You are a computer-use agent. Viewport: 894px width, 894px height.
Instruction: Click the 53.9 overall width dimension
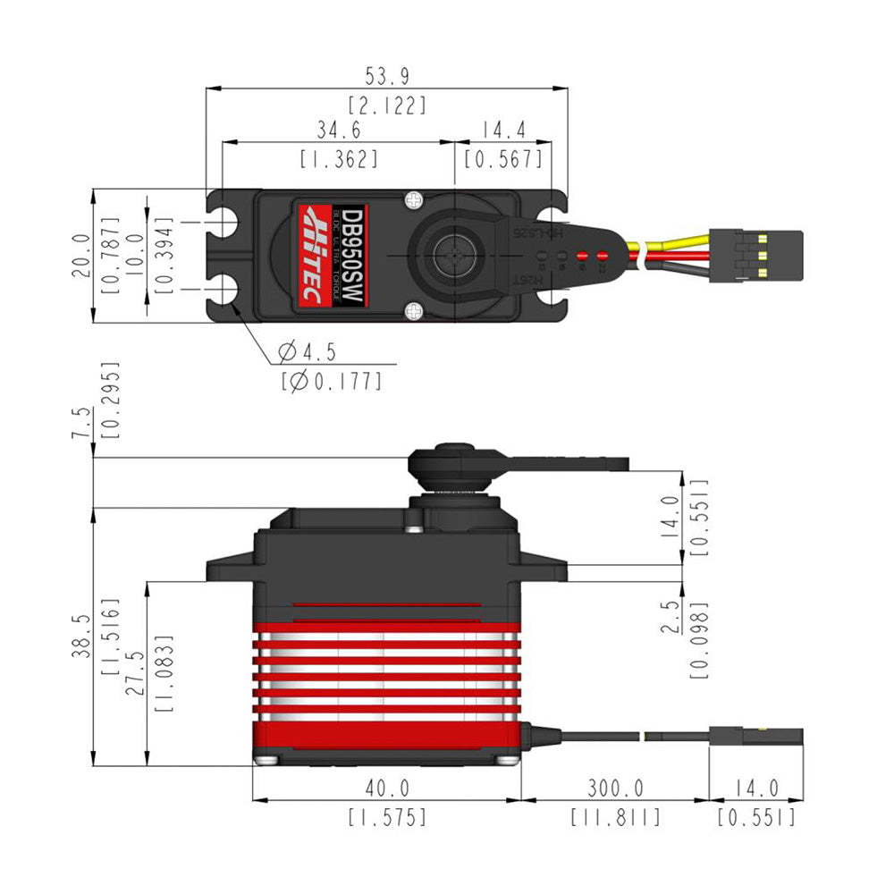point(388,77)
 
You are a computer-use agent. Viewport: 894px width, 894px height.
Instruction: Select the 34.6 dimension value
point(339,131)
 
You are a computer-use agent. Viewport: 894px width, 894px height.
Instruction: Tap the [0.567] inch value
point(503,159)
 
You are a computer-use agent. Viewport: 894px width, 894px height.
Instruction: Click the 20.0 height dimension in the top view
point(81,255)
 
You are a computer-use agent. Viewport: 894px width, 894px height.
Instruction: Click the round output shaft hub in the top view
point(455,255)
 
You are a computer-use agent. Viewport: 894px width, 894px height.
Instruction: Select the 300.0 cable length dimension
point(615,789)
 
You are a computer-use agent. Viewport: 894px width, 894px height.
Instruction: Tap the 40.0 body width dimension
point(386,789)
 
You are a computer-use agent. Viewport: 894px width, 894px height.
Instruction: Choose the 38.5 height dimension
point(81,637)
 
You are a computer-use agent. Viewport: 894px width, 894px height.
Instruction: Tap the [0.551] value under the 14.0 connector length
point(755,817)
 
